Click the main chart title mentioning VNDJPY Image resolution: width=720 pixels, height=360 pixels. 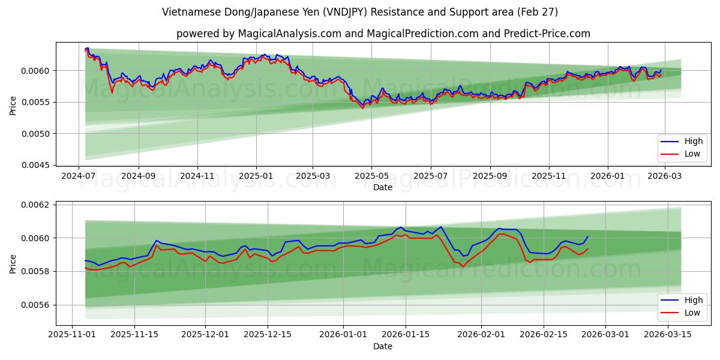(x=360, y=12)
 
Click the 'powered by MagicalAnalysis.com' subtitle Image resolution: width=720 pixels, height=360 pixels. (x=383, y=34)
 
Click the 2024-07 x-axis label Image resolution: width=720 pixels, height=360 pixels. (x=79, y=176)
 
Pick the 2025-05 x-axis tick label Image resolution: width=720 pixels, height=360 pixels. (x=371, y=176)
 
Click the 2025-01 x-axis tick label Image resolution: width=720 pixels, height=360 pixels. (x=256, y=176)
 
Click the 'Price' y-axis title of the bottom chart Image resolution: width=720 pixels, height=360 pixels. (x=13, y=263)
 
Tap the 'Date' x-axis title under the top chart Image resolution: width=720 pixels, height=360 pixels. (x=383, y=187)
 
